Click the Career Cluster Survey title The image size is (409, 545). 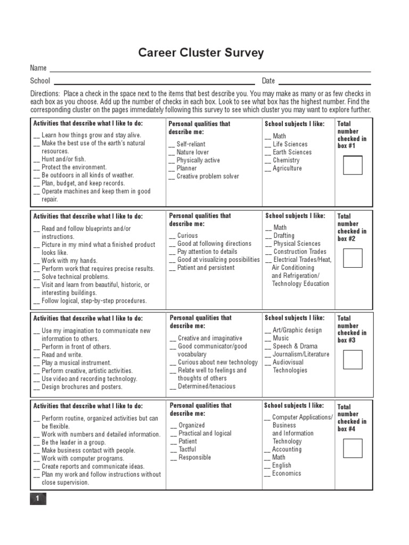201,53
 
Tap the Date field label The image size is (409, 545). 268,81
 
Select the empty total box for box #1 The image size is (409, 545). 352,166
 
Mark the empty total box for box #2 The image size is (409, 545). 352,258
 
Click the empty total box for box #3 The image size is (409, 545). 352,360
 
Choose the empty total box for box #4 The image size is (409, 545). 352,448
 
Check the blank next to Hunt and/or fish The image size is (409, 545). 37,159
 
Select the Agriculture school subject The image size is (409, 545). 287,168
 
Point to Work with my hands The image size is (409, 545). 69,261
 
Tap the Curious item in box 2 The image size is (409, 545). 187,235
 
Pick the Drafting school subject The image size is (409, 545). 283,236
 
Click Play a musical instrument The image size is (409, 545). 77,362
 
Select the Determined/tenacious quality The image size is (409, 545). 207,386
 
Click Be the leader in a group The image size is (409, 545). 73,442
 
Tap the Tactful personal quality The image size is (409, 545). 187,449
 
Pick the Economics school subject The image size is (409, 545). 287,473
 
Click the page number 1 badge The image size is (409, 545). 38,499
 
